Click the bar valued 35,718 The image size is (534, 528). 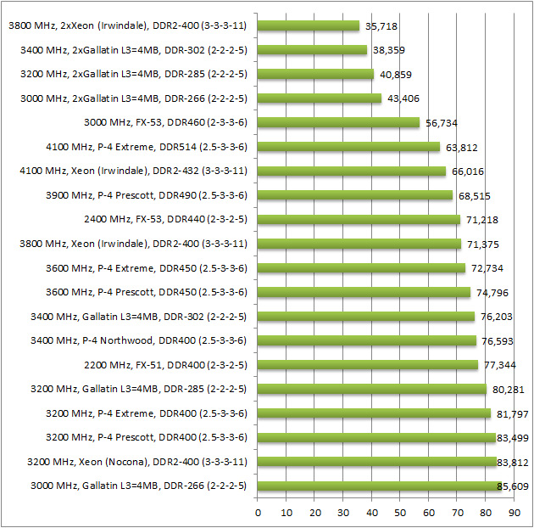[x=309, y=25]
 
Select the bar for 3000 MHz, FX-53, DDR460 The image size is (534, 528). [x=338, y=122]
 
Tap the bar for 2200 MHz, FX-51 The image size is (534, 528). [x=368, y=365]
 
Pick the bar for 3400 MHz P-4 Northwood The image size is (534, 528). [x=366, y=340]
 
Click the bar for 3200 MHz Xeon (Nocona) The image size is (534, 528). [x=376, y=462]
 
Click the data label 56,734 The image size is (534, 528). [x=442, y=123]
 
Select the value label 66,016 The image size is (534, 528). [x=464, y=171]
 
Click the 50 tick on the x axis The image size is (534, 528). [x=400, y=513]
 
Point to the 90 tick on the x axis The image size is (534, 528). [x=515, y=513]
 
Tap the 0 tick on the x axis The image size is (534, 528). [x=258, y=513]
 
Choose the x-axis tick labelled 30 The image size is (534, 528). [x=343, y=513]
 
